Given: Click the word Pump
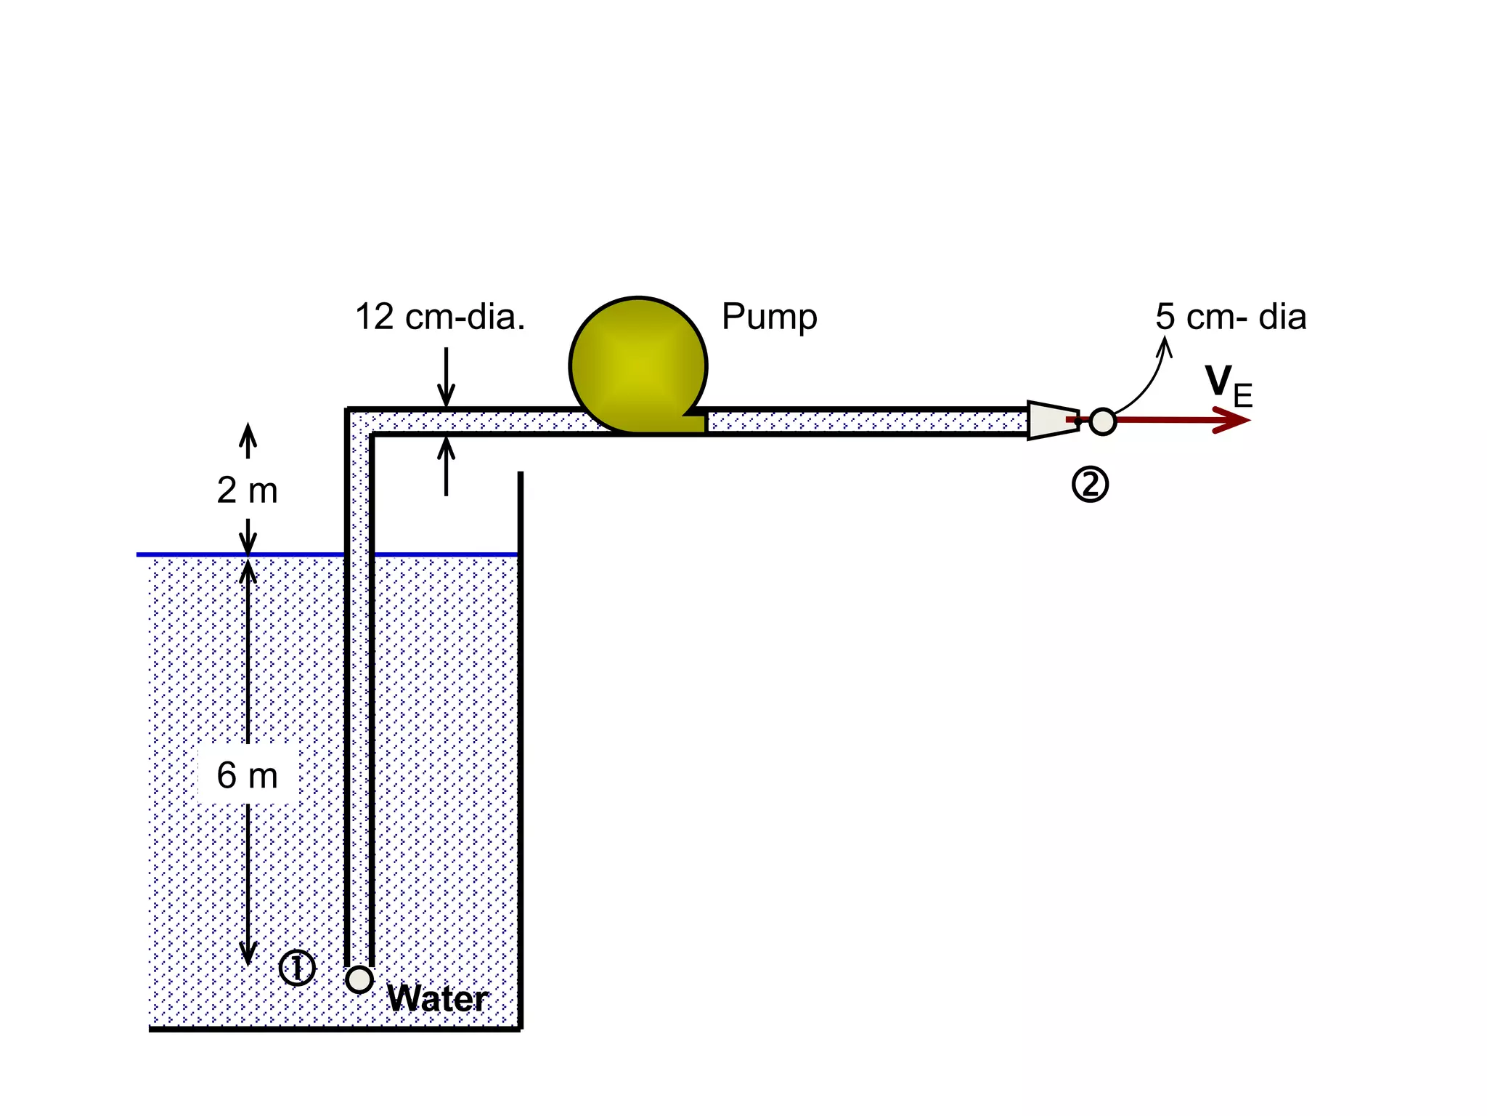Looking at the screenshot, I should (x=769, y=317).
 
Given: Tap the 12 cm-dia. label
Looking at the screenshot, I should (x=440, y=317).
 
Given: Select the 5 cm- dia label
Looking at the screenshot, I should (x=1231, y=317).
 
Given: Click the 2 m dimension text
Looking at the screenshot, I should (x=247, y=490).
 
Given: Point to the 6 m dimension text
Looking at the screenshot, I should (x=247, y=775).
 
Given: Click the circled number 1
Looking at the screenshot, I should (x=297, y=967).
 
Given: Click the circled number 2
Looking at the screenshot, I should (x=1090, y=485).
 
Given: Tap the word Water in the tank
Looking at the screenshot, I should (x=438, y=998).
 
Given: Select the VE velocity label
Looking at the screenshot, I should (x=1228, y=385).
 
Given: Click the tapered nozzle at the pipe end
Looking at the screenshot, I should (x=1052, y=420).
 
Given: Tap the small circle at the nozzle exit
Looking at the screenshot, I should (x=1102, y=421).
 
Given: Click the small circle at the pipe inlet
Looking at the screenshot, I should (x=359, y=979).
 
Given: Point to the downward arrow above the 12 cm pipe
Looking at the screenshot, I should (x=446, y=378).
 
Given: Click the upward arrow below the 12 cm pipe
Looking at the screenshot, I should (x=446, y=466).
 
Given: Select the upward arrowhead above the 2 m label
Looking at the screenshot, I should (x=248, y=433).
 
